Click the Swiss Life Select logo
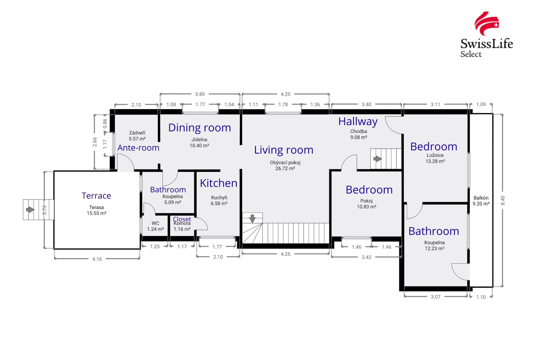coord(487,34)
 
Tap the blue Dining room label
coord(199,128)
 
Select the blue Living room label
coord(283,150)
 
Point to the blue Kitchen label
coord(219,183)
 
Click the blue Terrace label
coord(96,196)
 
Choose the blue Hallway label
coord(358,121)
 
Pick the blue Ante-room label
coord(138,148)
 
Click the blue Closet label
coord(182,219)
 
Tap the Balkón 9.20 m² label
coord(481,201)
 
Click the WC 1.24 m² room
coord(155,226)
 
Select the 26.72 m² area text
coord(285,169)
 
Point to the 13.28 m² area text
coord(435,161)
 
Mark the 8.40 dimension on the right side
coord(503,200)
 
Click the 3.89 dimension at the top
coord(200,94)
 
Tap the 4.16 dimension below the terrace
coord(97,259)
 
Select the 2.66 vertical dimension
coord(95,142)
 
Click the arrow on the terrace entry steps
coord(30,209)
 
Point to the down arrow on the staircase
coord(252,218)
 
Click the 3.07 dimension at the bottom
coord(436,297)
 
